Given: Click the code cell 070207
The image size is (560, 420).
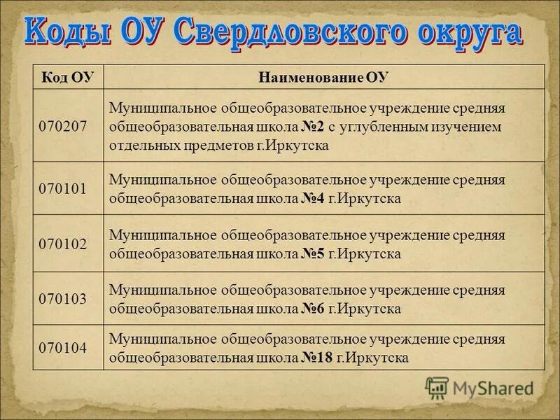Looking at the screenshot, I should click(64, 127).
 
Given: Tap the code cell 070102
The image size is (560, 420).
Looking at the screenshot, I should click(64, 244).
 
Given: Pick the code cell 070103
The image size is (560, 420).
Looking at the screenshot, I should click(64, 299).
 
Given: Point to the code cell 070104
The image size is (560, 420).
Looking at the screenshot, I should click(64, 348).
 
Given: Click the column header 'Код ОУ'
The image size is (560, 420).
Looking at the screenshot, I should click(68, 76).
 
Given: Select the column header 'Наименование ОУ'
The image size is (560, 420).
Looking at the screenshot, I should click(323, 76).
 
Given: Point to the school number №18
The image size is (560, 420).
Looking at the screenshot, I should click(316, 358).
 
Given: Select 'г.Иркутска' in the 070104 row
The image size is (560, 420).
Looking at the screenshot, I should click(372, 358).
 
